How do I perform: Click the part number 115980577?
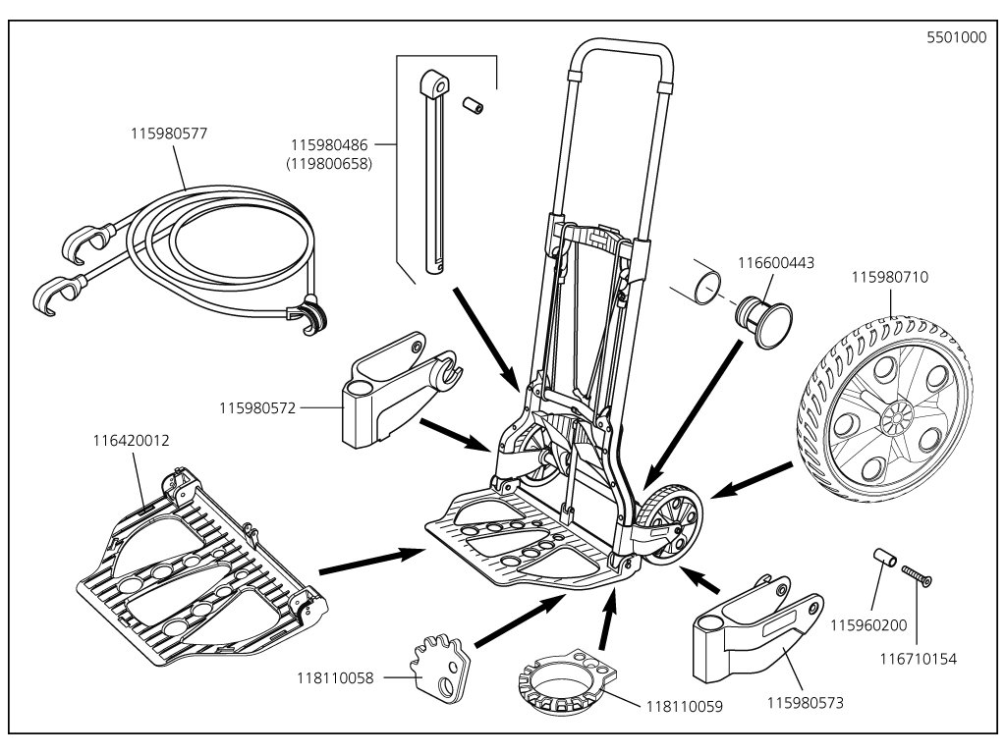click(x=168, y=131)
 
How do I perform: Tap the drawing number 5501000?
click(x=956, y=39)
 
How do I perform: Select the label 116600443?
click(x=777, y=262)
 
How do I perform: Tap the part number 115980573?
click(x=807, y=702)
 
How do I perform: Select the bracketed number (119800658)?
click(x=328, y=165)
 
